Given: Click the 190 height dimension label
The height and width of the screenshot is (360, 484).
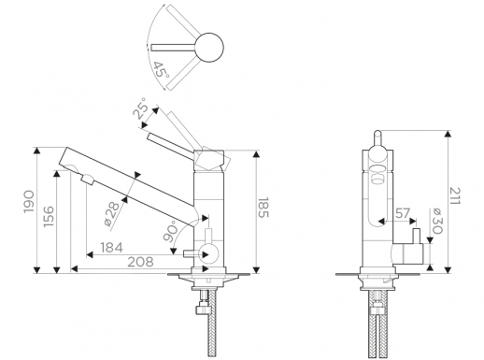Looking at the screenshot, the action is (x=29, y=202).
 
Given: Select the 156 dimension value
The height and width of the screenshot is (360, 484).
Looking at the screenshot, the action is (x=49, y=216).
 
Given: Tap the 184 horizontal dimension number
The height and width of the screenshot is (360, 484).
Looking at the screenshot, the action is (x=111, y=248).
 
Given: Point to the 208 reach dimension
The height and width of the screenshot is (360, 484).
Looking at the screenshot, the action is (x=140, y=262).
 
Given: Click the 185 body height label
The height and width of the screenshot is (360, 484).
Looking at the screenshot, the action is (x=263, y=208).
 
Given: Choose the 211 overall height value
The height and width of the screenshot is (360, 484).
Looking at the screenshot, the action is (x=455, y=195).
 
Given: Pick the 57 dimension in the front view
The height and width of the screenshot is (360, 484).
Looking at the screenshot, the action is (x=403, y=213).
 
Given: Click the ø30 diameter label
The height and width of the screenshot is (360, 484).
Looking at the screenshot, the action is (x=437, y=221).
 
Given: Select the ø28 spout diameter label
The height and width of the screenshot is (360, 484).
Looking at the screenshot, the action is (x=111, y=213).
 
